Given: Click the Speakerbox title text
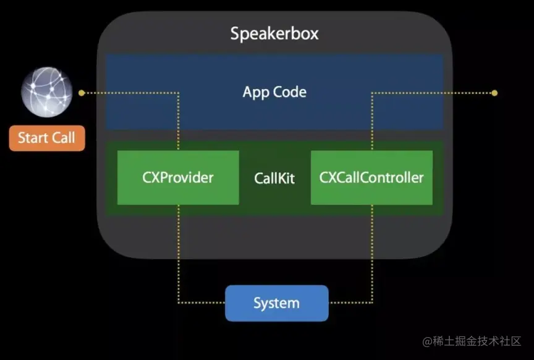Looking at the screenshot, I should pos(274,33).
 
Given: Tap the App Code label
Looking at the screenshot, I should pos(274,92).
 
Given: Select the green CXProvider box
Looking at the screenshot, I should pos(178,178).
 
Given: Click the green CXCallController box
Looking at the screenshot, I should pos(371,178).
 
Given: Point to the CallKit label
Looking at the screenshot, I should pos(274,179).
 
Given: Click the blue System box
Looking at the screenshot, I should pos(276,303).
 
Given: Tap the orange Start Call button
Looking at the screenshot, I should pos(47,137).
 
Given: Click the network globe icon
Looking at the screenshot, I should pos(47,93).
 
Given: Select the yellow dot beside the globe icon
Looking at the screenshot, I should pos(81,93).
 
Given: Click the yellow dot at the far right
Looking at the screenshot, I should pos(494,93).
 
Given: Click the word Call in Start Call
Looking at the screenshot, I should pos(63,137).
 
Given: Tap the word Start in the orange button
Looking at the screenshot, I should pos(33,137).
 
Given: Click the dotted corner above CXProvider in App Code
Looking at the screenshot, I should pos(179,93).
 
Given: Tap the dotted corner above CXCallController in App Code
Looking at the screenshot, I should pos(372,93).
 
